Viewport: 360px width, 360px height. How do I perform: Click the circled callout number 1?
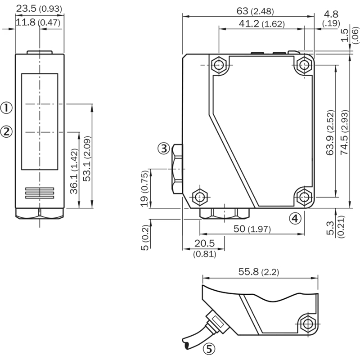[x=6, y=108]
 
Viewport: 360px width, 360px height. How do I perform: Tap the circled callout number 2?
[x=6, y=132]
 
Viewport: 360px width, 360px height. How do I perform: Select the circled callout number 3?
[x=164, y=149]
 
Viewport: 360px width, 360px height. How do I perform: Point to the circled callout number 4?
[x=295, y=218]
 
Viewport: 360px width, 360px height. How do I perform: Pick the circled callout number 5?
[x=209, y=349]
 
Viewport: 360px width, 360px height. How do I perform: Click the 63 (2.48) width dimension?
[x=255, y=11]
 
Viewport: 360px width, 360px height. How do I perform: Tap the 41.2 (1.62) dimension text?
[x=261, y=24]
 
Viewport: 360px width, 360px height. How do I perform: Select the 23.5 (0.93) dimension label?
[x=39, y=9]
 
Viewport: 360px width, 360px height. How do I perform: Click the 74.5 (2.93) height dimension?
[x=344, y=132]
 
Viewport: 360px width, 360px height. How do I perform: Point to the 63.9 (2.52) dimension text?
[x=330, y=133]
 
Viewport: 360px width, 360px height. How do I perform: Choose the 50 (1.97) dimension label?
[x=252, y=229]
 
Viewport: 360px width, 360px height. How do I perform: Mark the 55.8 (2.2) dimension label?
[x=258, y=272]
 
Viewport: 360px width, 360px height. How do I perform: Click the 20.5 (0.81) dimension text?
[x=205, y=248]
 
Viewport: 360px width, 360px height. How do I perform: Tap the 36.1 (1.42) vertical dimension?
[x=74, y=171]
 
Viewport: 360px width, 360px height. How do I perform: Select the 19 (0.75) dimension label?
[x=144, y=189]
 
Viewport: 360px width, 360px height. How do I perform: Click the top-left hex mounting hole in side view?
[x=219, y=65]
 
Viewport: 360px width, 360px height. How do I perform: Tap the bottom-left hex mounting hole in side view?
[x=200, y=197]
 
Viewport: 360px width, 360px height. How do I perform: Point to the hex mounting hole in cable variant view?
[x=308, y=324]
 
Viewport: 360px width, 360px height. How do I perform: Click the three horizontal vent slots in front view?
[x=40, y=193]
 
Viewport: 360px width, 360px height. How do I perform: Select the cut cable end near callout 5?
[x=186, y=343]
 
